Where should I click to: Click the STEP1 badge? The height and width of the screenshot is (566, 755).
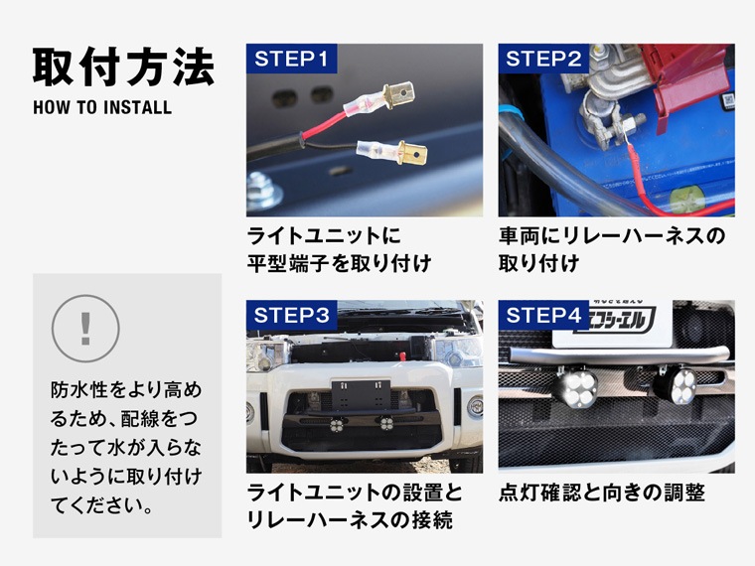[291, 59]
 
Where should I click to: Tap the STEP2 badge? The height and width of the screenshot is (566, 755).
[543, 59]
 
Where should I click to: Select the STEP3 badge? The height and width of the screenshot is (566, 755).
[291, 315]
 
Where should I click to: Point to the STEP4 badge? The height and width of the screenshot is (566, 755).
[543, 315]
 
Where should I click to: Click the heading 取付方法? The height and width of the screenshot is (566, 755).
[123, 67]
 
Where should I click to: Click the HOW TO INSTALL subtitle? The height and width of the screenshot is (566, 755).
[102, 107]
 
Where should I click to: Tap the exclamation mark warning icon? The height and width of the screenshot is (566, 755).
[85, 329]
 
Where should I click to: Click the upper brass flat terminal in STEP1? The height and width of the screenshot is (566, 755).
[398, 93]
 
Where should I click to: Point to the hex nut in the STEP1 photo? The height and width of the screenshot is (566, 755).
[263, 191]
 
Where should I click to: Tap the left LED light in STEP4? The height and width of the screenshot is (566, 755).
[576, 386]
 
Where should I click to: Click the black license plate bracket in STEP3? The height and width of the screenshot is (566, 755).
[361, 393]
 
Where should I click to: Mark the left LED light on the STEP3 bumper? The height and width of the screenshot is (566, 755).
[336, 424]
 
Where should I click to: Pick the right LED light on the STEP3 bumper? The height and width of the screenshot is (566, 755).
[386, 423]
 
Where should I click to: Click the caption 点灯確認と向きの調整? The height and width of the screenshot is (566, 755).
[602, 493]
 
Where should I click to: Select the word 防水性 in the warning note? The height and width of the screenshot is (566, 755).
[78, 390]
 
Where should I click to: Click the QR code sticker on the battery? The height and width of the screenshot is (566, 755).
[727, 102]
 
